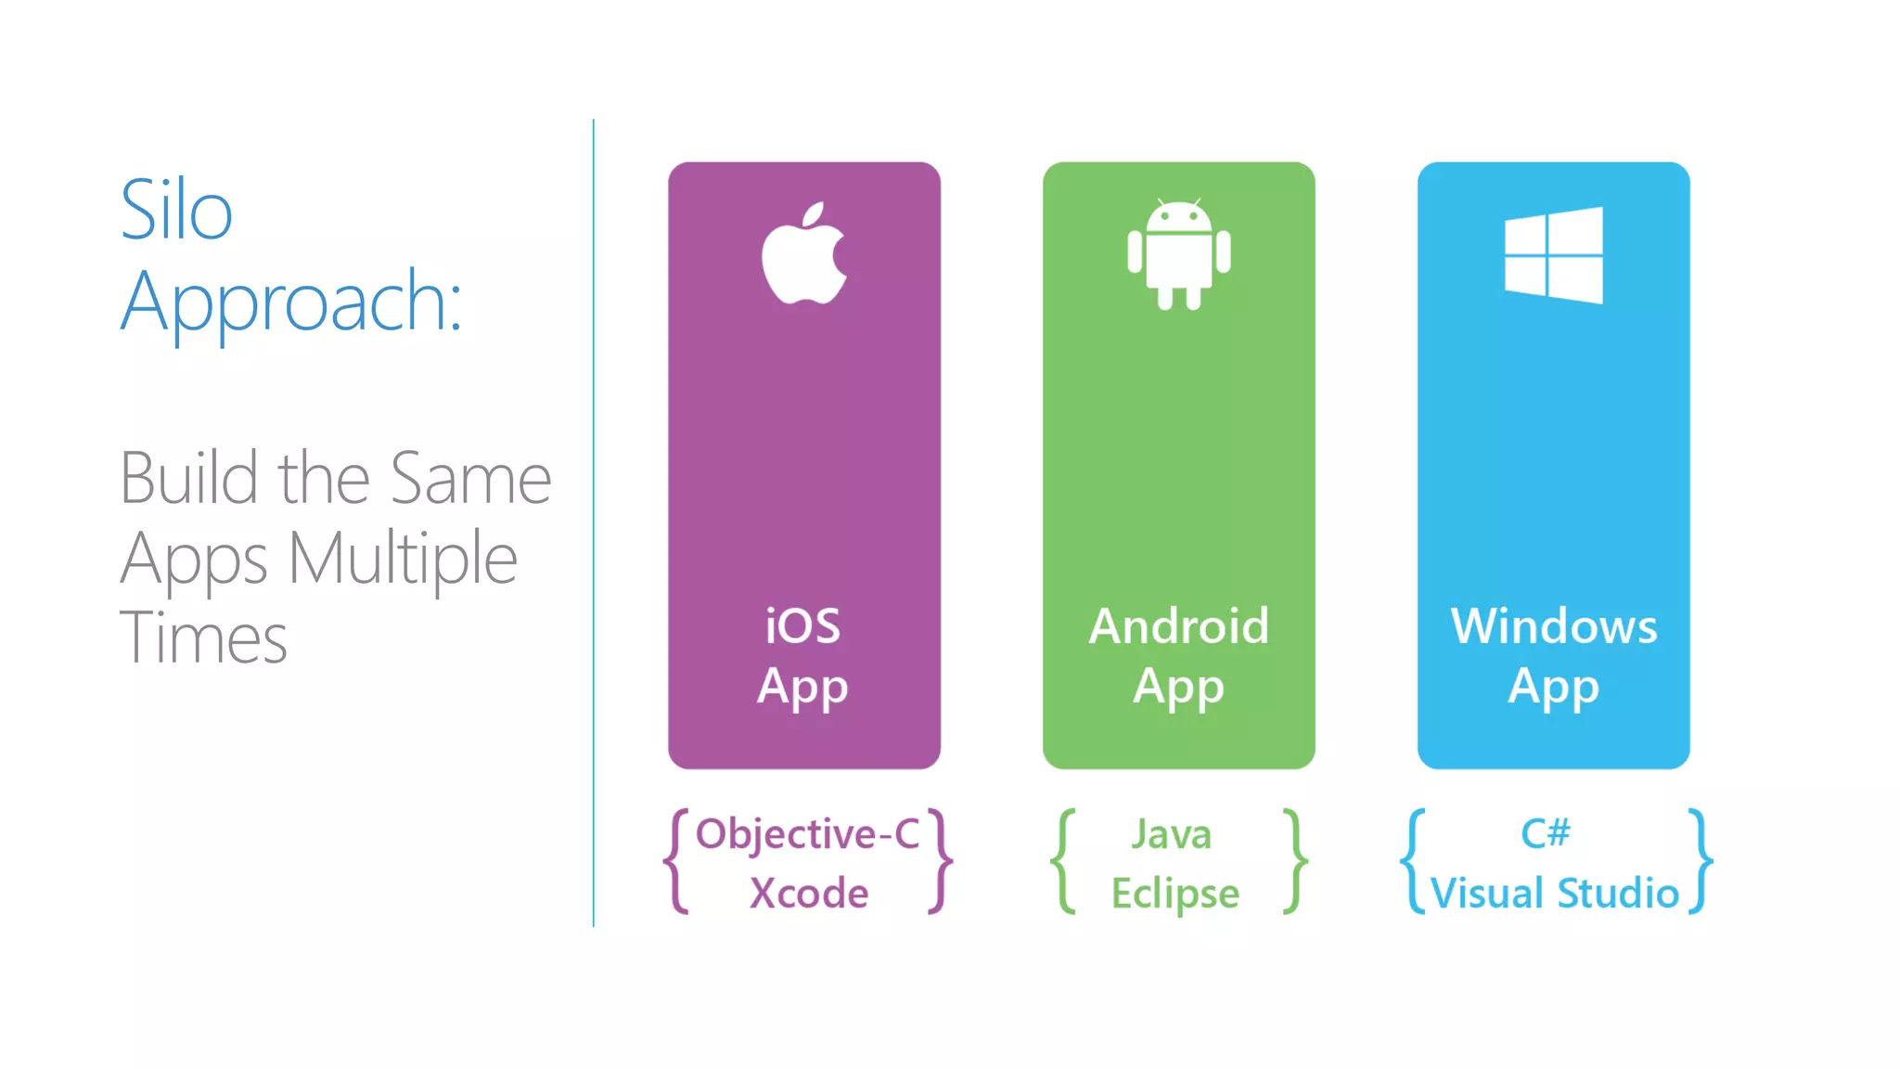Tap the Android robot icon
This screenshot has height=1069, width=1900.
point(1179,254)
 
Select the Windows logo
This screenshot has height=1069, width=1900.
point(1554,255)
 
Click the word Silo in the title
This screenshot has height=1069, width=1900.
point(176,211)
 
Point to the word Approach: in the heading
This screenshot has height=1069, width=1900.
point(291,302)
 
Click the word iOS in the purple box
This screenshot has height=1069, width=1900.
point(803,626)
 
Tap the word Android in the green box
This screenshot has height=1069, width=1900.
point(1179,626)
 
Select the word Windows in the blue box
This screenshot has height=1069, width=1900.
point(1554,626)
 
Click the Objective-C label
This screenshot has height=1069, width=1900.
point(808,834)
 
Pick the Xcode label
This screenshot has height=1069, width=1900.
point(809,894)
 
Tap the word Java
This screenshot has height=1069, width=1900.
point(1172,834)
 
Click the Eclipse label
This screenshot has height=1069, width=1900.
point(1175,894)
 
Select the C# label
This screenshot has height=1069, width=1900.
point(1546,833)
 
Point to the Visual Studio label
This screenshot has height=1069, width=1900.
point(1555,894)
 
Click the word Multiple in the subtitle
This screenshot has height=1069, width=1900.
point(403,560)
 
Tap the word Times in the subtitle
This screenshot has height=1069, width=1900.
point(204,638)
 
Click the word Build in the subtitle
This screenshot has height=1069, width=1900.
point(189,479)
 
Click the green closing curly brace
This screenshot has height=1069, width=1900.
point(1295,862)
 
